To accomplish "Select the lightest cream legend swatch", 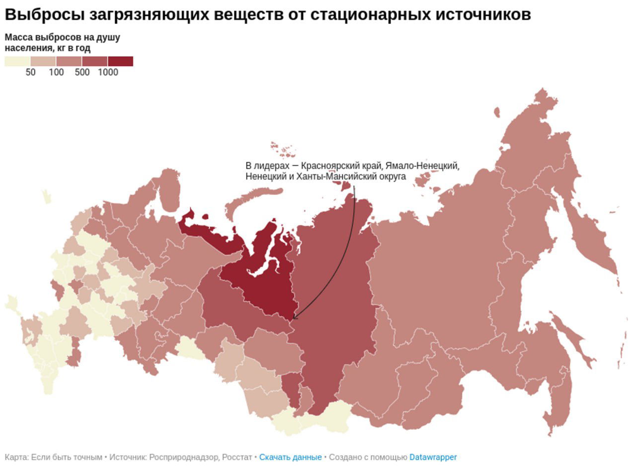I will [17, 61].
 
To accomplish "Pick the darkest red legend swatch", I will [120, 61].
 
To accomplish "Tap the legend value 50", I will [31, 73].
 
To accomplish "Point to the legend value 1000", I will [108, 73].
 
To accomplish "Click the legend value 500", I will [82, 73].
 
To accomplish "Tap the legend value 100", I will [56, 73].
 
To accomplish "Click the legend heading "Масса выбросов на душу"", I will [62, 38].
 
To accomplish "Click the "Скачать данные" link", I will [290, 457].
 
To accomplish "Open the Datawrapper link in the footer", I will [433, 457].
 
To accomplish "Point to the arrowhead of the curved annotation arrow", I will [294, 318].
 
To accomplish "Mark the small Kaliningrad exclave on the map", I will [46, 196].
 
